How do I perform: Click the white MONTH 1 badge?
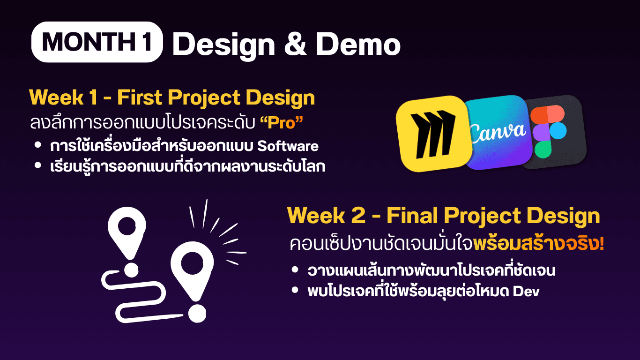click(97, 42)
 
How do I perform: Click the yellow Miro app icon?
click(434, 134)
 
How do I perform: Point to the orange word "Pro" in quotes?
click(282, 123)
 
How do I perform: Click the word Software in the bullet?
click(288, 146)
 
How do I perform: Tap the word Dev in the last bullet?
click(526, 292)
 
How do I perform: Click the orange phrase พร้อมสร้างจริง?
click(538, 244)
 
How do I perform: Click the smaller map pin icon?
click(127, 232)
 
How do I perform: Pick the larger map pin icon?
click(192, 269)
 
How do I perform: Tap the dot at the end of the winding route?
click(197, 314)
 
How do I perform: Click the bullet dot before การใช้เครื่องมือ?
click(37, 145)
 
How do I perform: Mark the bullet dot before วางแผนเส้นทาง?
click(295, 270)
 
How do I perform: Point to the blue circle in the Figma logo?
click(558, 131)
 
